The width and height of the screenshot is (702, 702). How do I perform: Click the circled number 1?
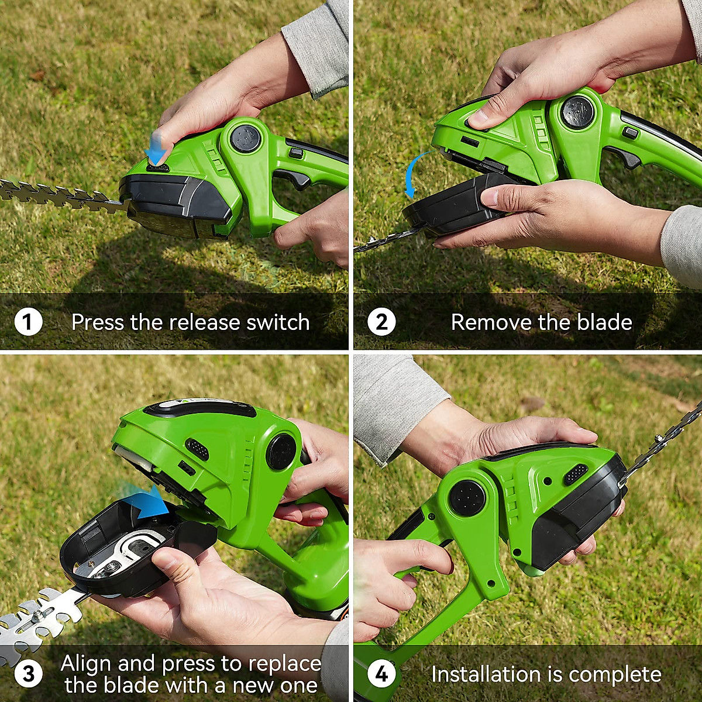pos(27,322)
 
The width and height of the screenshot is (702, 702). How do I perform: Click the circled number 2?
pos(381,322)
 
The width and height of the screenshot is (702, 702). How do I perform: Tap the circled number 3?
pos(27,674)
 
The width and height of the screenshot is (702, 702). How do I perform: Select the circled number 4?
pos(381,674)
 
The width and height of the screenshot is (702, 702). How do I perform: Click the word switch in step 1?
pos(278,322)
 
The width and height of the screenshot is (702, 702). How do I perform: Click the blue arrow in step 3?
pos(146,502)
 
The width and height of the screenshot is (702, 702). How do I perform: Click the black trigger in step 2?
pos(626,158)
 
